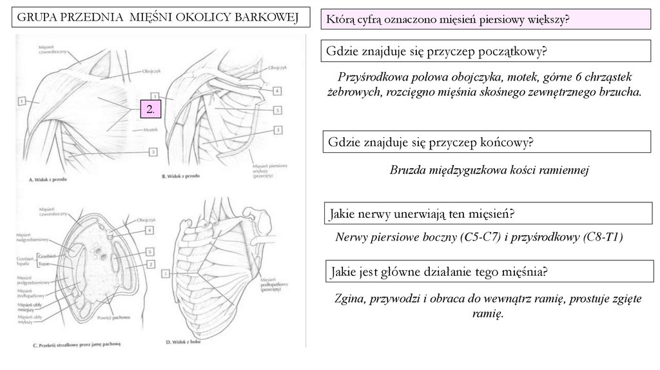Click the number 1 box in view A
[x=21, y=101]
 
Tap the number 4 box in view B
[x=277, y=92]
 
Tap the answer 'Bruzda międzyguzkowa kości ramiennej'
[x=490, y=170]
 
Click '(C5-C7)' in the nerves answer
[x=478, y=237]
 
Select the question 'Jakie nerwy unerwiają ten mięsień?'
[x=425, y=213]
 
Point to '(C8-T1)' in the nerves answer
[x=604, y=237]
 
